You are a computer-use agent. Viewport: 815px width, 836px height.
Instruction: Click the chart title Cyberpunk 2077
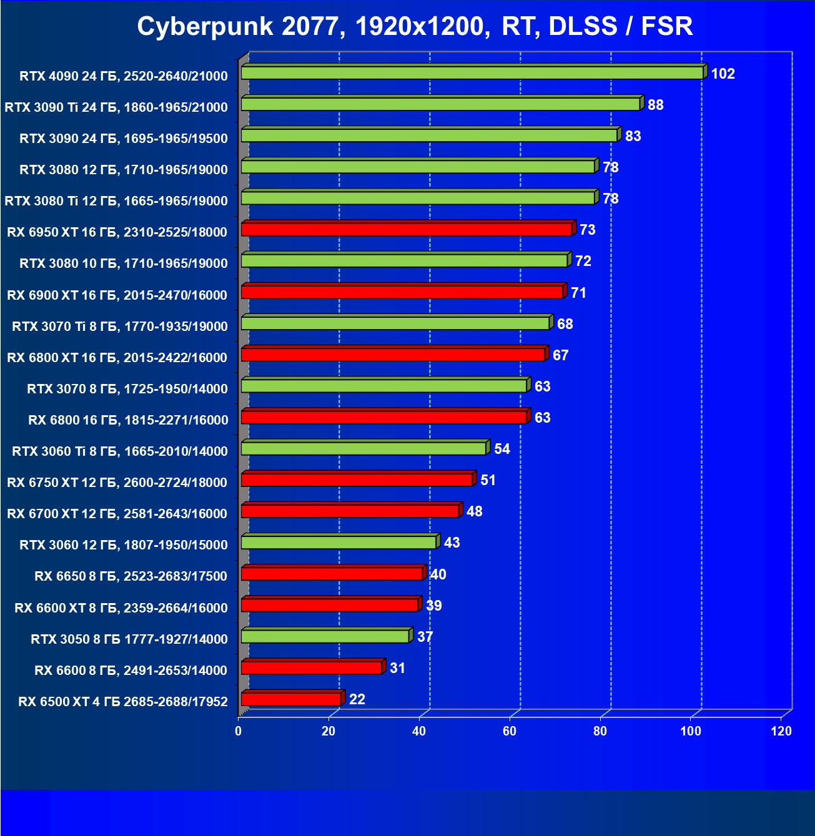[x=415, y=26]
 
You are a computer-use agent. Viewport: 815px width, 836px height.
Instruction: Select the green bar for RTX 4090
[x=472, y=73]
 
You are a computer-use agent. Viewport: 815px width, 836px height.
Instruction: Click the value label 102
[x=723, y=74]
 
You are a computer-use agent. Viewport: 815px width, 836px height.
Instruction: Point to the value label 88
[x=655, y=105]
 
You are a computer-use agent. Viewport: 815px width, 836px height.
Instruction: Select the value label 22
[x=357, y=699]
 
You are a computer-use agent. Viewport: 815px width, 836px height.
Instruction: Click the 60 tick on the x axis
[x=510, y=731]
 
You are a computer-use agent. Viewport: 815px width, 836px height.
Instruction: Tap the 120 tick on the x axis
[x=781, y=731]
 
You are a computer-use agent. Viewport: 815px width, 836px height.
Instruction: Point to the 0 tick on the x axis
[x=239, y=731]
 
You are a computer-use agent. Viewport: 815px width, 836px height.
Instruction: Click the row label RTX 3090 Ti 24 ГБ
[x=116, y=107]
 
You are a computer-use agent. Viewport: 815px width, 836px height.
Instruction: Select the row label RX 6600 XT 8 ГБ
[x=121, y=607]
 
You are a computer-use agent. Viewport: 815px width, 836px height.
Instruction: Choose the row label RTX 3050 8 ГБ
[x=129, y=639]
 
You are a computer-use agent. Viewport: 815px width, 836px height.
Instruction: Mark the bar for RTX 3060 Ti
[x=363, y=448]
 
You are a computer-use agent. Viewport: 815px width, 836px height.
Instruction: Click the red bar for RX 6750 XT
[x=357, y=480]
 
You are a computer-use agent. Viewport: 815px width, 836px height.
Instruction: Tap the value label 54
[x=501, y=449]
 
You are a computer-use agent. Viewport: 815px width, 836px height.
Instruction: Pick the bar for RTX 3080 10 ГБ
[x=404, y=261]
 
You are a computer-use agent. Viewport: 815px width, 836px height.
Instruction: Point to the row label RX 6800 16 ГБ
[x=128, y=420]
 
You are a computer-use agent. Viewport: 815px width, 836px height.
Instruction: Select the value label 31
[x=397, y=668]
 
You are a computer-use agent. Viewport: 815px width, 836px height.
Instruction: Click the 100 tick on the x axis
[x=691, y=731]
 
